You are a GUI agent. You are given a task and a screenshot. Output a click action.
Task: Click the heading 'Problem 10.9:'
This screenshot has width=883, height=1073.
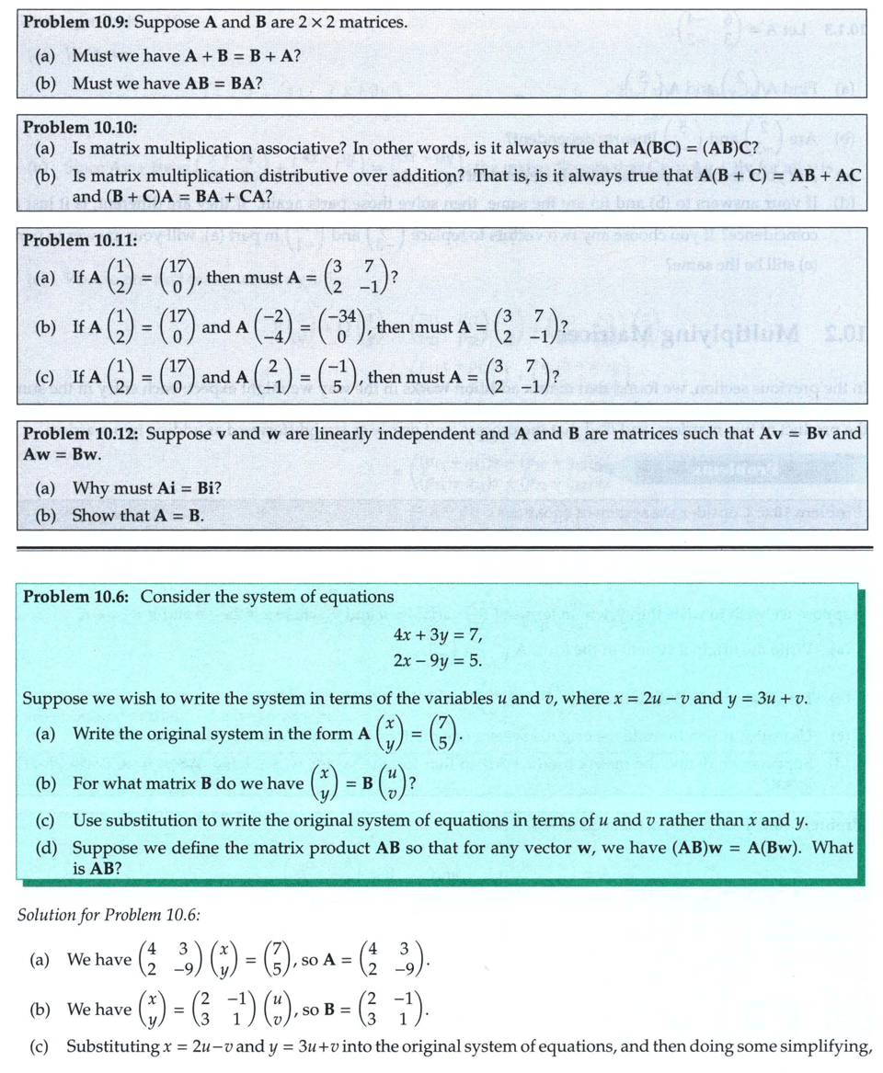pyautogui.click(x=77, y=21)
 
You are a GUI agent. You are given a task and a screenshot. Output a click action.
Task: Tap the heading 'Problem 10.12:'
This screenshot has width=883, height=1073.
pyautogui.click(x=81, y=433)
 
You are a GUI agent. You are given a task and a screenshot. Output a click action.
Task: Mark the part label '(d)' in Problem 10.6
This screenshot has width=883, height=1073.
pyautogui.click(x=45, y=847)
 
